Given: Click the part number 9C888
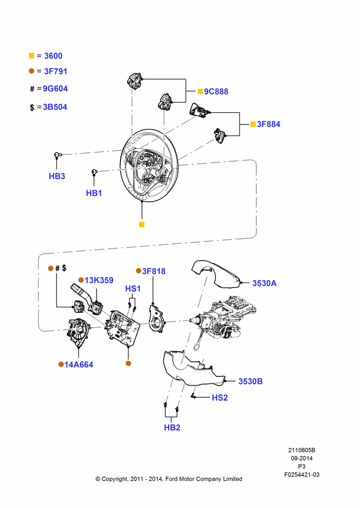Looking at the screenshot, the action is click(x=216, y=91).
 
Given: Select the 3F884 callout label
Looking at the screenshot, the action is click(x=268, y=124).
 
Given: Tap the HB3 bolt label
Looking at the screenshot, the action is click(x=57, y=176).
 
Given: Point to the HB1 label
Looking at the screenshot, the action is click(x=94, y=193).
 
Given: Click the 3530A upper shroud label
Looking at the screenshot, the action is click(x=264, y=283).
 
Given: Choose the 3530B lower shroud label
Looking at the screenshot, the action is click(x=250, y=382).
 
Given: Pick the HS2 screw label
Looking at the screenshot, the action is click(x=220, y=398).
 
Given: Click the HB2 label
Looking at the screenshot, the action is click(x=172, y=428).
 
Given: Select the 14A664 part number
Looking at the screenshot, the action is click(x=79, y=365).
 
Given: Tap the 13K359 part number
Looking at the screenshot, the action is click(x=99, y=280).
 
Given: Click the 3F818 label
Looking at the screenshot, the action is click(x=154, y=271).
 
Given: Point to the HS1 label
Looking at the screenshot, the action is click(x=133, y=289).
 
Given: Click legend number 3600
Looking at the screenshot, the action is click(x=53, y=56).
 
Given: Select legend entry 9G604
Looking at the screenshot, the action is click(x=55, y=88).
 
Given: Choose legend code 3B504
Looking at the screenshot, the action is click(x=55, y=107).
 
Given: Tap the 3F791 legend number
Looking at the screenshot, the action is click(x=55, y=71).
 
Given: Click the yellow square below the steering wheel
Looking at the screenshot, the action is click(x=142, y=225).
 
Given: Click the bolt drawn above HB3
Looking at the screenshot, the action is click(x=58, y=155).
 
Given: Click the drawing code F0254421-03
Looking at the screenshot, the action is click(x=302, y=474).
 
